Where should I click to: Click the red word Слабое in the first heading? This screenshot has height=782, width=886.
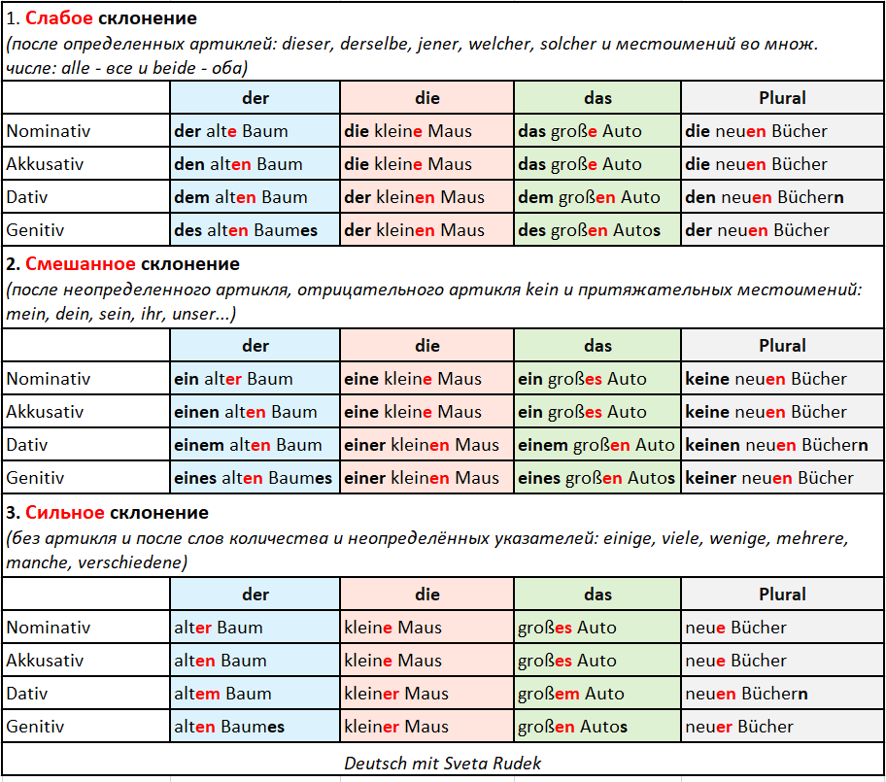[57, 18]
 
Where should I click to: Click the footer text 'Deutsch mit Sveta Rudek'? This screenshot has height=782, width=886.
[443, 764]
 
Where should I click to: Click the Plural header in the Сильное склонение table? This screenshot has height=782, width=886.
[782, 595]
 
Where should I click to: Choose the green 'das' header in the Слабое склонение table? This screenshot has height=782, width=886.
[597, 98]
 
